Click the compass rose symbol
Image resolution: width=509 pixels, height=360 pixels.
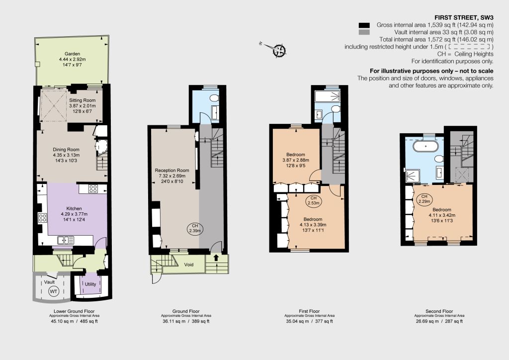(279, 50)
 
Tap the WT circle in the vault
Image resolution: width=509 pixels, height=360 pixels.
(54, 291)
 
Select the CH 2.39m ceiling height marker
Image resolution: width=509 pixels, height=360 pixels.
(195, 229)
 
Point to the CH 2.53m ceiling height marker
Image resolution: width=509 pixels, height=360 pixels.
(313, 200)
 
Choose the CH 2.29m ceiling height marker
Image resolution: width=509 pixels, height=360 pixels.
(424, 199)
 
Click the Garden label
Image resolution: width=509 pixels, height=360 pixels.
(72, 54)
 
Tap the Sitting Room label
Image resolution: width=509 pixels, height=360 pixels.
(82, 100)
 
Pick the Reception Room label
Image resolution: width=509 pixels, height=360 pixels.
(171, 171)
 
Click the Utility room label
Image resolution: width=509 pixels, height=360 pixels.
(90, 284)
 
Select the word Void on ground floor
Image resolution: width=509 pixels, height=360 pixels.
(188, 265)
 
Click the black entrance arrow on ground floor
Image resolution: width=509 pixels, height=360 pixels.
(216, 258)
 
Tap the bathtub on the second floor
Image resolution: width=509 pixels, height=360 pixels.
(425, 146)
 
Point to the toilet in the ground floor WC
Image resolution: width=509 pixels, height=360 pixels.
(214, 98)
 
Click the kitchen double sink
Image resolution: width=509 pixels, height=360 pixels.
(66, 240)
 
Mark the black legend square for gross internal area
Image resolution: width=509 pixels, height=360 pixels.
(364, 25)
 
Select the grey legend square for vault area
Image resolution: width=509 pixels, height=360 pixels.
(364, 32)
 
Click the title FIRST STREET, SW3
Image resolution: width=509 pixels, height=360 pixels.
(464, 17)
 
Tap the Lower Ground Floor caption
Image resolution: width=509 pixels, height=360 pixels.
(74, 311)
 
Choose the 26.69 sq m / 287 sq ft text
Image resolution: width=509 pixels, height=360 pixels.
(439, 321)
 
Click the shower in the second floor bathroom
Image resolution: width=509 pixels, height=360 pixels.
(412, 176)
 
